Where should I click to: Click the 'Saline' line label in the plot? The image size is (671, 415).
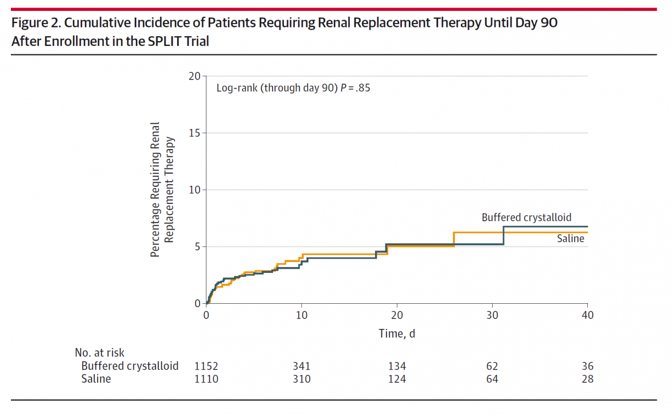click(x=570, y=238)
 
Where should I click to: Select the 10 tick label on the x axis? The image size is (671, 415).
click(x=302, y=315)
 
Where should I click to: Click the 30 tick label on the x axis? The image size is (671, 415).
click(x=492, y=315)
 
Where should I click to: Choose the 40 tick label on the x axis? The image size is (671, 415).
click(x=587, y=315)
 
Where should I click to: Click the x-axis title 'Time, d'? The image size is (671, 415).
click(x=396, y=333)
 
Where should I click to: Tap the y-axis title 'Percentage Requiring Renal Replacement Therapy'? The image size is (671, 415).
click(x=162, y=189)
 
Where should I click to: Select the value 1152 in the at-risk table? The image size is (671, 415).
click(x=206, y=366)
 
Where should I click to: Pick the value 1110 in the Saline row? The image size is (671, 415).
click(x=206, y=379)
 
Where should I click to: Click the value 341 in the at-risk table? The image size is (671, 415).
click(x=302, y=366)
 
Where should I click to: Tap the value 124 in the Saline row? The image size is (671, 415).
click(x=397, y=379)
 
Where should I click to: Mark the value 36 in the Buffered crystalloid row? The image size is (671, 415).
click(x=587, y=366)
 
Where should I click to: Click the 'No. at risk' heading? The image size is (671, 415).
click(x=99, y=353)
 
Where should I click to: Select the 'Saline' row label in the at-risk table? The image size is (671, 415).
click(x=96, y=379)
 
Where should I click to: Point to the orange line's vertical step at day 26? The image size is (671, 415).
click(x=454, y=239)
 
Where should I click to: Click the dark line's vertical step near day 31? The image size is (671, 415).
click(x=504, y=235)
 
